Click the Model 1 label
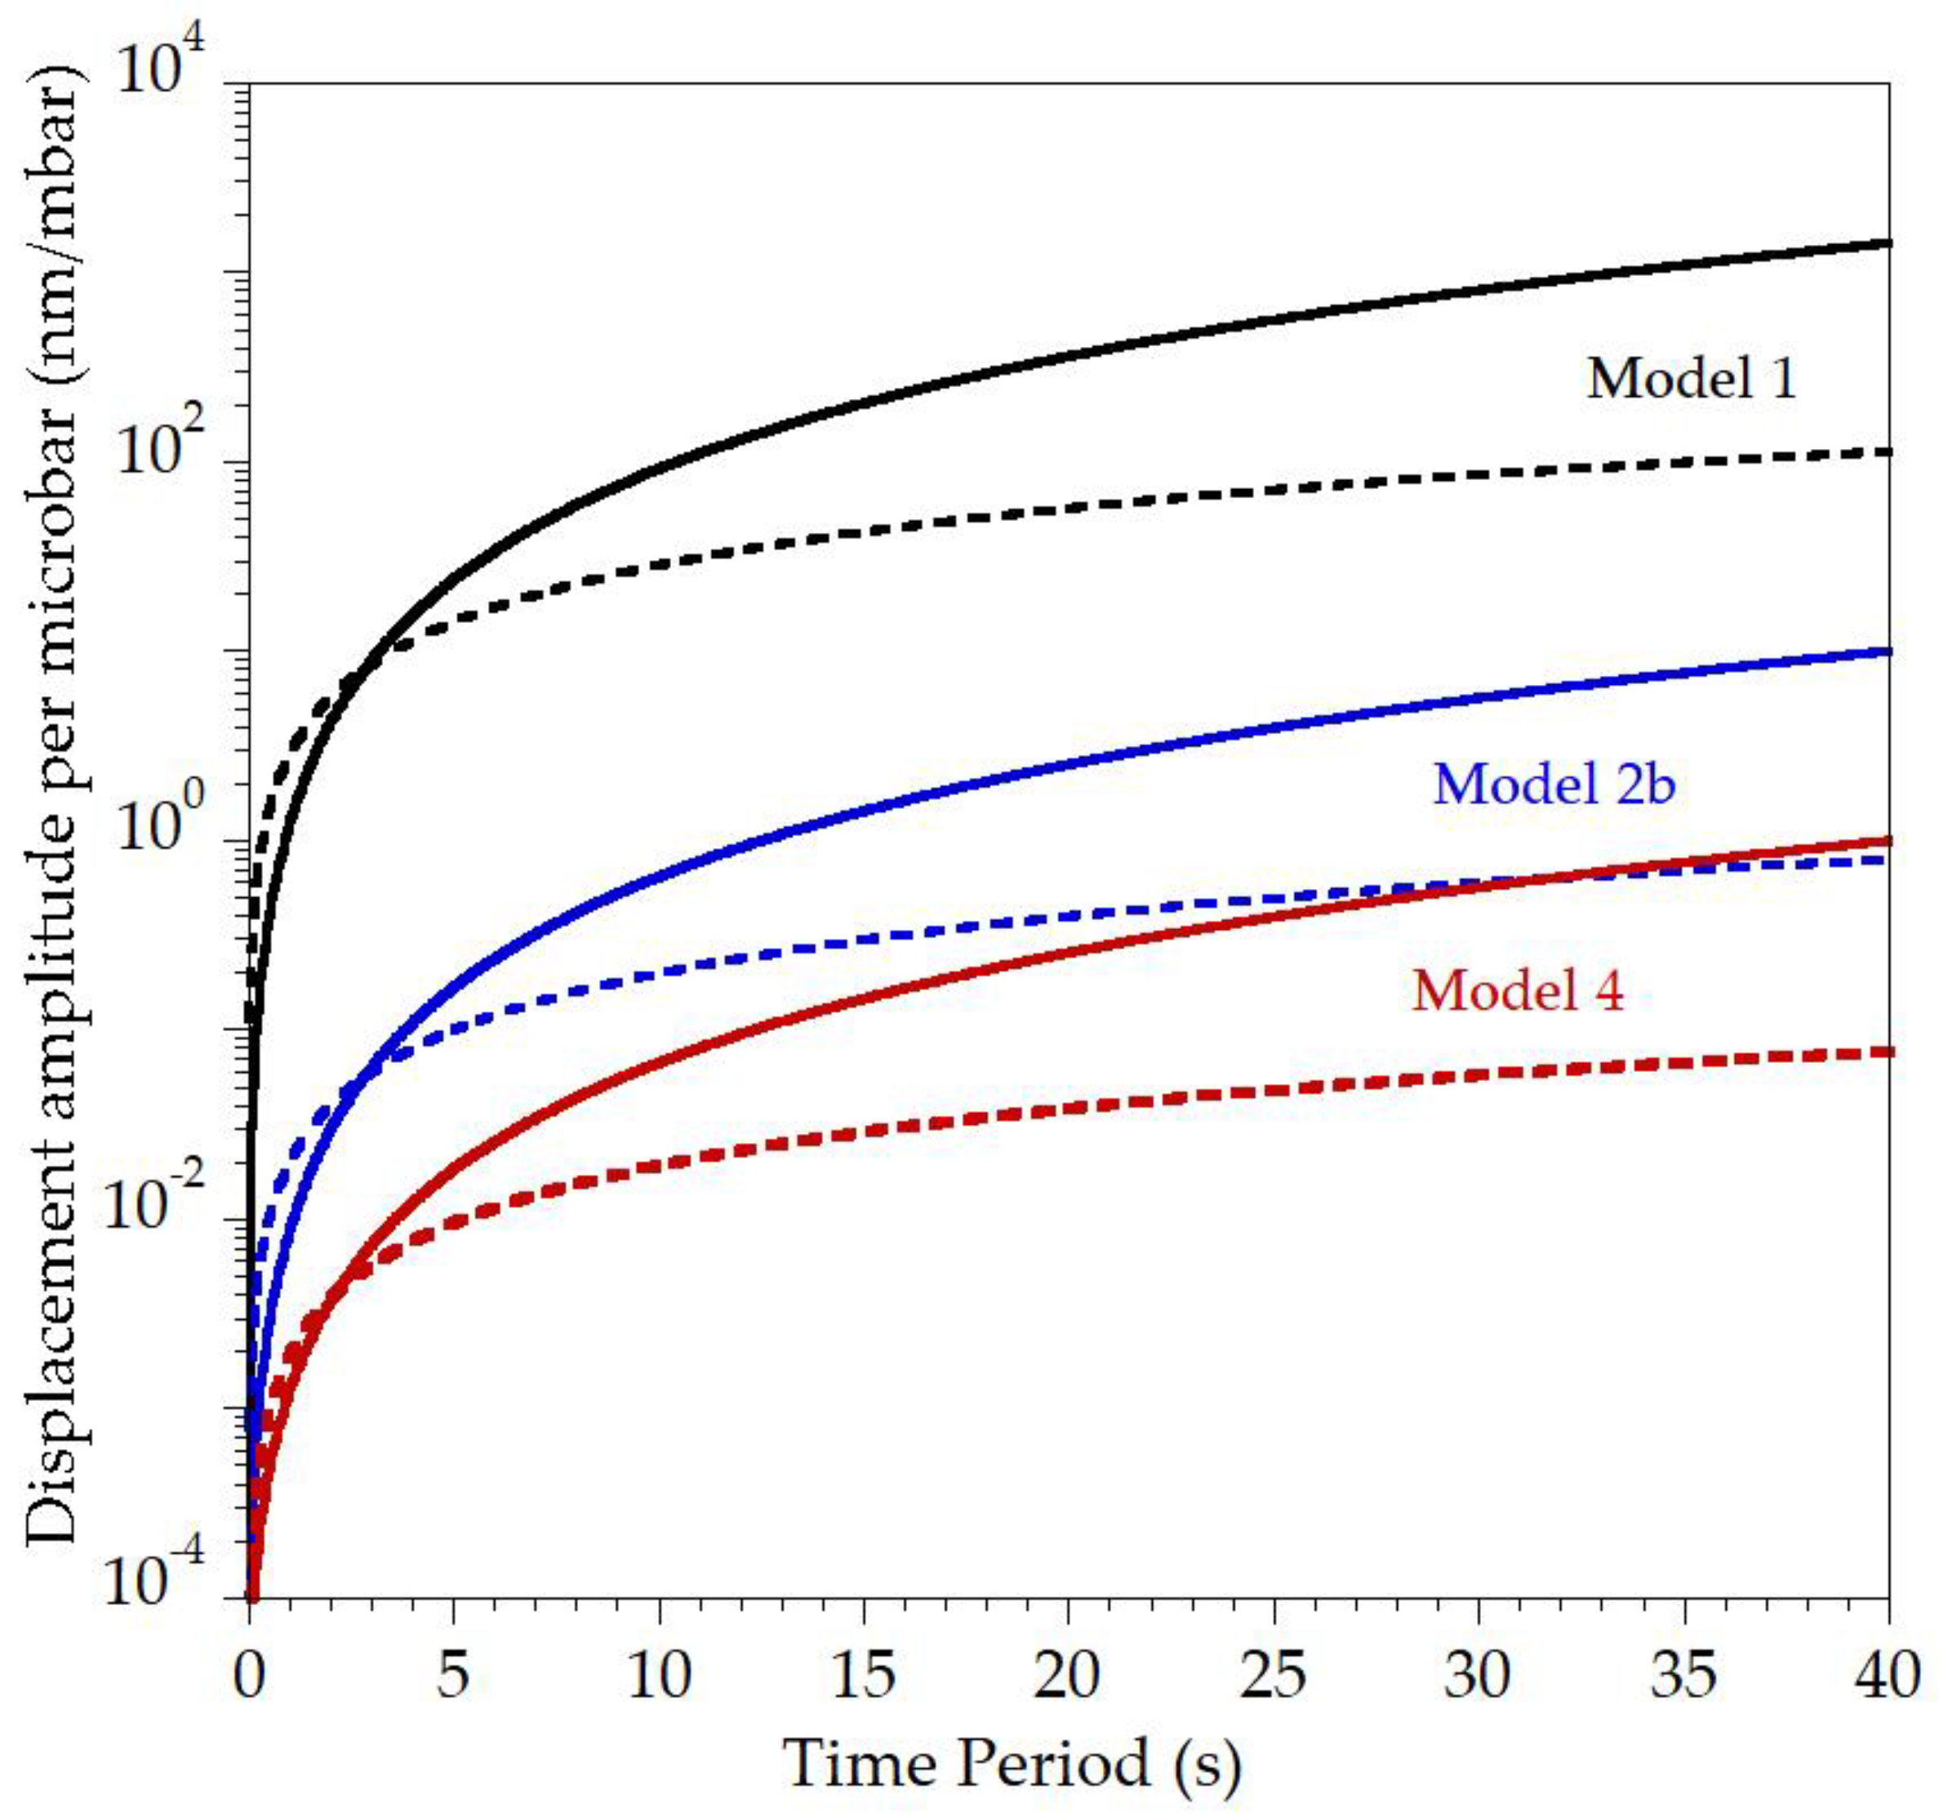point(1690,379)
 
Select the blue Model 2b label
point(1554,783)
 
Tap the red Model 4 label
point(1518,991)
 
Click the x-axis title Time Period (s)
point(1012,1763)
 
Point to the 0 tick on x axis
point(250,1678)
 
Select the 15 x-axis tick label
point(864,1678)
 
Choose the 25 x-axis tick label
point(1274,1678)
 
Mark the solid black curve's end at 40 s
point(1888,242)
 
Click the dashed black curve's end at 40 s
point(1888,451)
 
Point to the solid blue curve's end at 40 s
point(1888,651)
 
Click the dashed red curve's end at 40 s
point(1888,1051)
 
